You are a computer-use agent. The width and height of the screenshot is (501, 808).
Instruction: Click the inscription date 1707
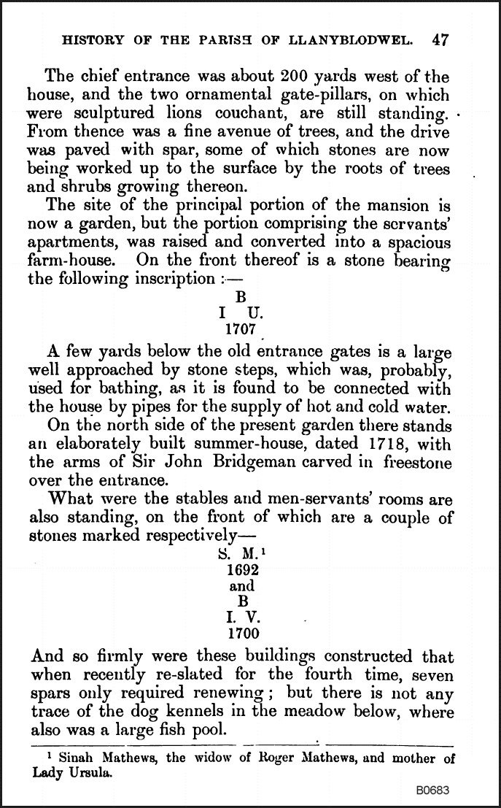coord(241,330)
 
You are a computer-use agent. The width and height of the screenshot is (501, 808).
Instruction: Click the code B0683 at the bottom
coord(432,790)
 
